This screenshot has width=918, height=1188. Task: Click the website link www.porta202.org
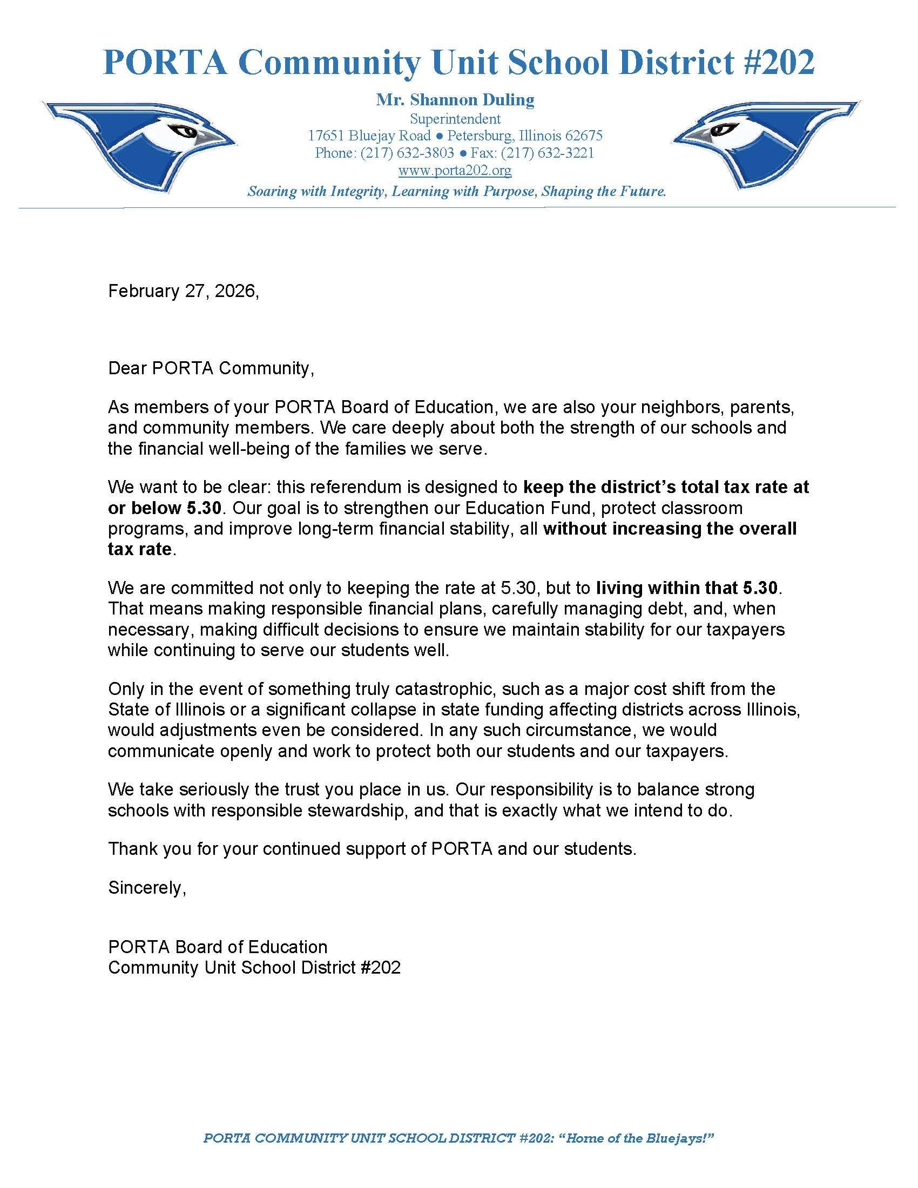coord(455,171)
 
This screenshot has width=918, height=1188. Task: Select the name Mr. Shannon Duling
coord(455,99)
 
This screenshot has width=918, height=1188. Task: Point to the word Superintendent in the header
coord(455,119)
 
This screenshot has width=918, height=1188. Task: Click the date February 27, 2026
coord(183,291)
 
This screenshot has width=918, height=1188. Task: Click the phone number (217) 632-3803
coord(407,153)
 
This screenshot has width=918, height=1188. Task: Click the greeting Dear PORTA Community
coord(211,368)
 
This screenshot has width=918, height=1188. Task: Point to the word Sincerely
coord(147,888)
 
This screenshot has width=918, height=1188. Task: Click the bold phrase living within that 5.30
coord(688,588)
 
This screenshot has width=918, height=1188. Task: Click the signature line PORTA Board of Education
coord(218,947)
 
